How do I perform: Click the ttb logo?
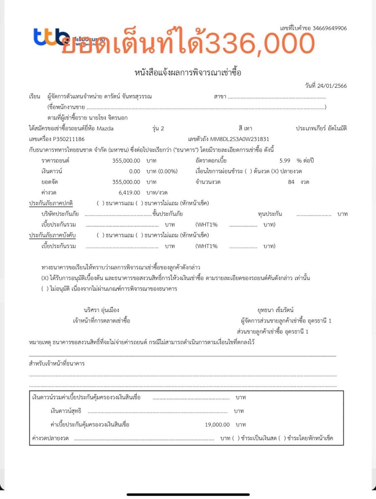51,37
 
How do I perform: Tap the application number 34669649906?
329,28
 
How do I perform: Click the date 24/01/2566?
332,86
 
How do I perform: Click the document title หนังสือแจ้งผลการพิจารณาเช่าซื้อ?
188,72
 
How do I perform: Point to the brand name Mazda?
105,128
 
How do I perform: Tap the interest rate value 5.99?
285,161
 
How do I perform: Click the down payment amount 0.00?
134,171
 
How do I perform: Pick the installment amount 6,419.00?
129,193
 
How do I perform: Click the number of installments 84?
291,182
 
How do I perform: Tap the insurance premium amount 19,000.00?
217,425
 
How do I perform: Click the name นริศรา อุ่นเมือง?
101,310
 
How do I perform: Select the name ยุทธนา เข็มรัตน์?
275,310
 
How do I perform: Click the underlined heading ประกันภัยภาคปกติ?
51,203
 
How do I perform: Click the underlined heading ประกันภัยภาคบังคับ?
52,235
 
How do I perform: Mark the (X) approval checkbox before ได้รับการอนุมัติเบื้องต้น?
45,278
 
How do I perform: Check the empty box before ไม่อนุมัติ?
45,289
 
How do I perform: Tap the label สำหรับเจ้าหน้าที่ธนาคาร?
56,364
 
